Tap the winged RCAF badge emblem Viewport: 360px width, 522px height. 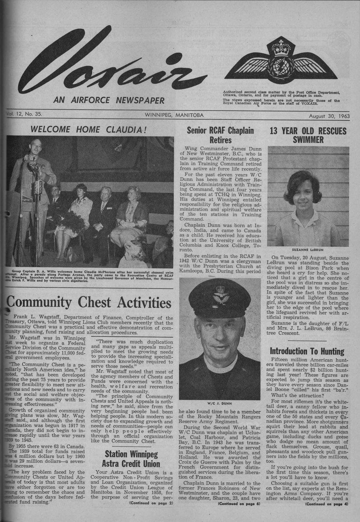(x=281, y=62)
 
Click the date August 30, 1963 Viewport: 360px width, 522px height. (x=329, y=116)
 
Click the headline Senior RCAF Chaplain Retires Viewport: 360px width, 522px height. (x=220, y=135)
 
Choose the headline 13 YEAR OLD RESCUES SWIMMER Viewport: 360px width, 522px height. (x=308, y=135)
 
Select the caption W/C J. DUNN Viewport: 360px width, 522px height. (x=220, y=403)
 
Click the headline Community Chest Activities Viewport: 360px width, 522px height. (x=89, y=303)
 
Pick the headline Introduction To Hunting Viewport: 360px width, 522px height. (x=307, y=351)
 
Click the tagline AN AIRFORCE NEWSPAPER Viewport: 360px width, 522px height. (x=109, y=100)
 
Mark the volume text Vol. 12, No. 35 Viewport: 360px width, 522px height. (x=24, y=115)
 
